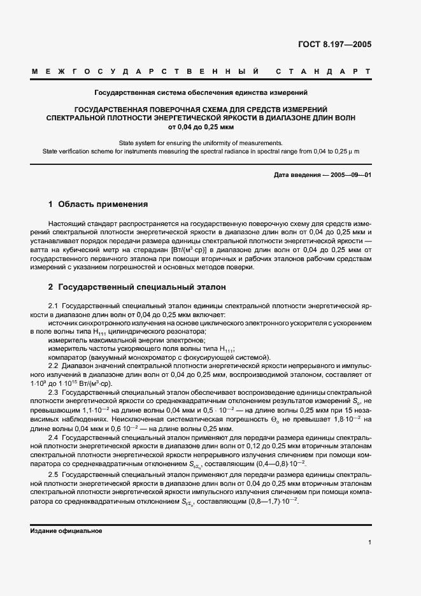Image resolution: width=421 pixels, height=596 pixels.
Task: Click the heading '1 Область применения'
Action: coord(98,205)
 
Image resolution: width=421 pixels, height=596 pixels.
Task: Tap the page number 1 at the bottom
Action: coord(369,542)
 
